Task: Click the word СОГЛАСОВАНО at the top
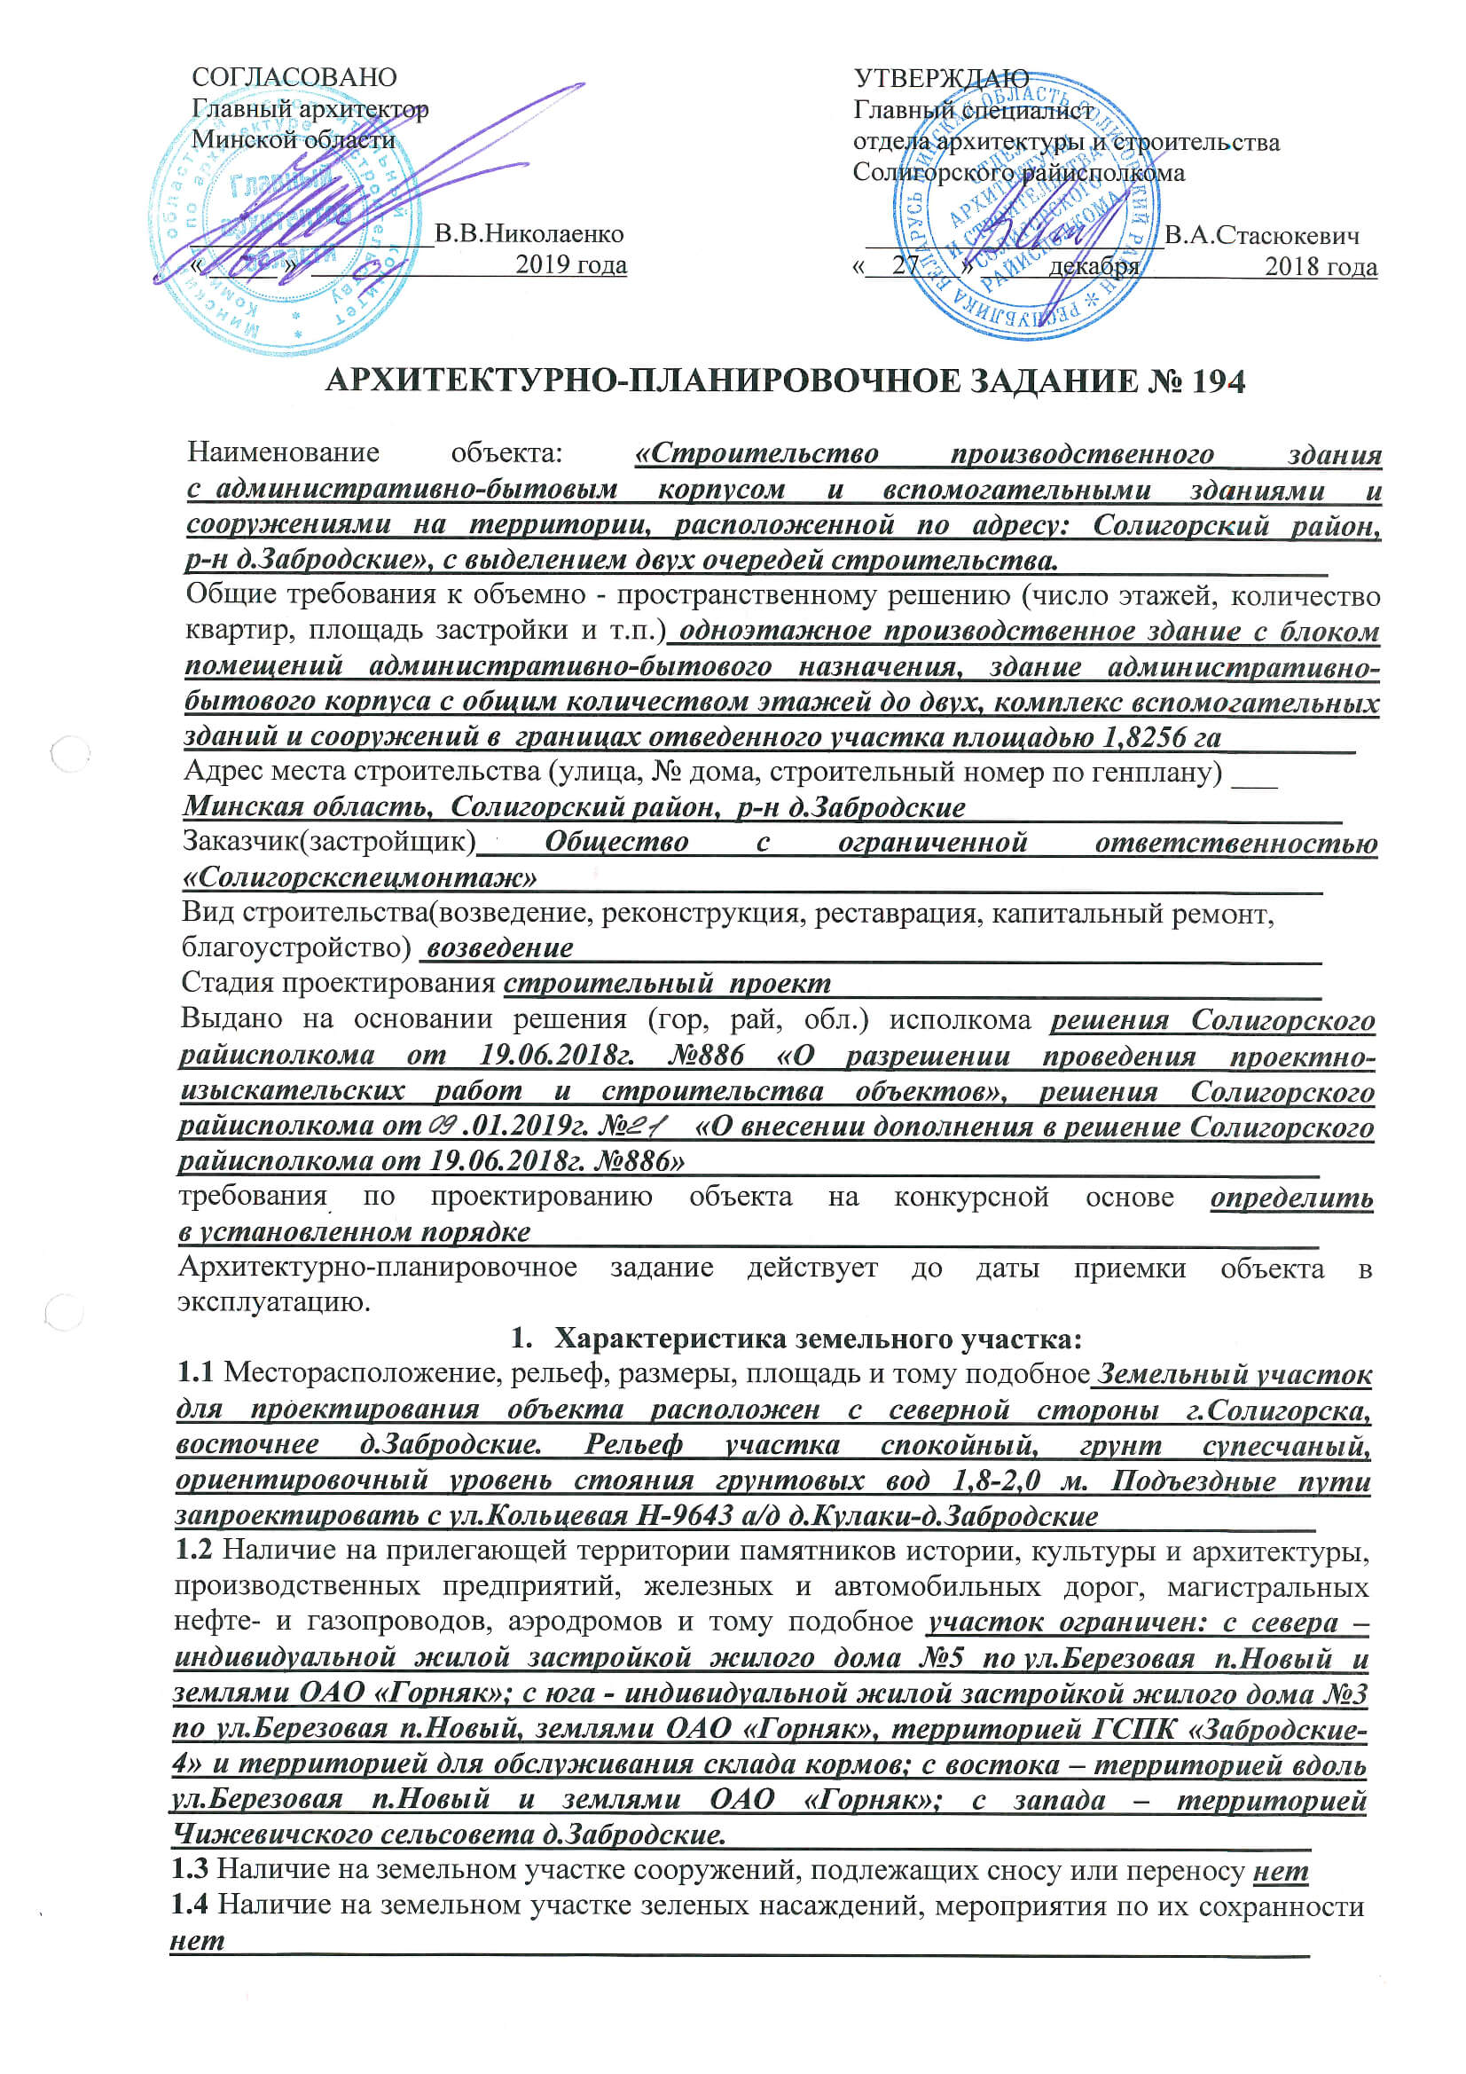click(294, 78)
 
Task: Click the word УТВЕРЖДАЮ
click(941, 79)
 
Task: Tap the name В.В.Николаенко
click(529, 234)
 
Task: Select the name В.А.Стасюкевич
click(1261, 236)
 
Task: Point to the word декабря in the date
click(1093, 266)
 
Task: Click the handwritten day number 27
click(905, 264)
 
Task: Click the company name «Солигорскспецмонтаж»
click(360, 876)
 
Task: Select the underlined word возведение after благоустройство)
click(499, 947)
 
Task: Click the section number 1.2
click(193, 1550)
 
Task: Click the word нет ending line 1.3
click(1280, 1870)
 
